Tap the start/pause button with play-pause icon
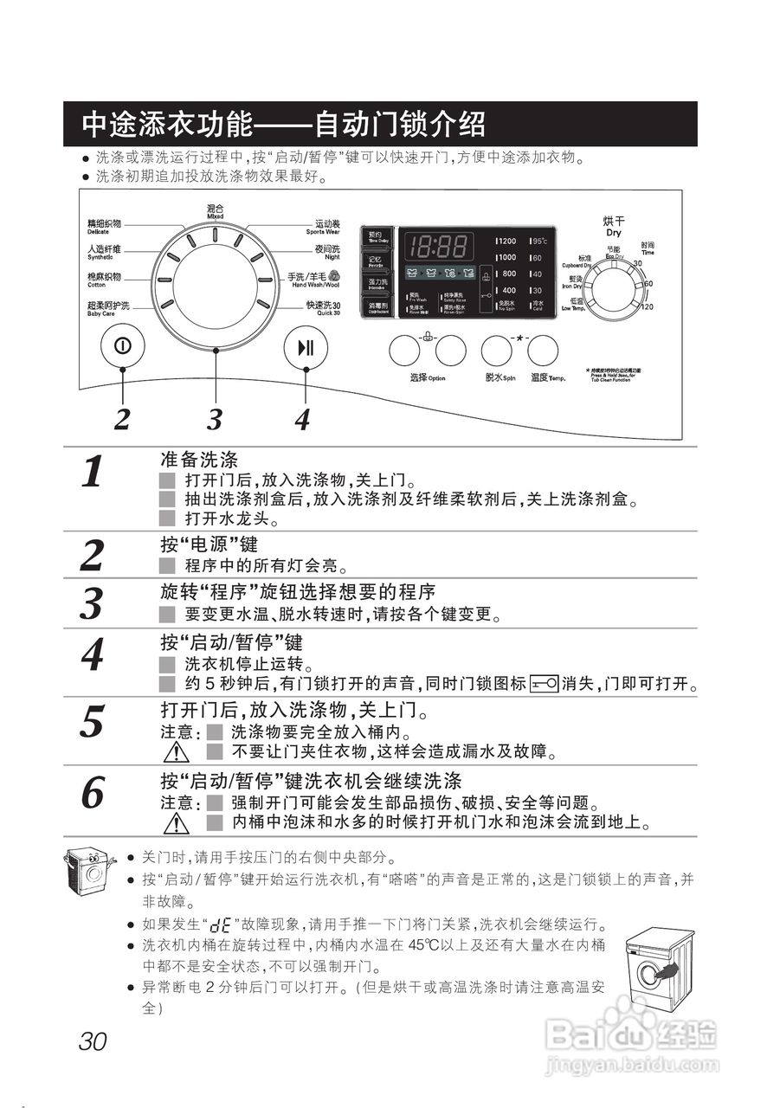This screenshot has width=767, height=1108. pos(306,348)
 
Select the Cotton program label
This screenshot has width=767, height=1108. pos(104,279)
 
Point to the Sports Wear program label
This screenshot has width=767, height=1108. pos(323,228)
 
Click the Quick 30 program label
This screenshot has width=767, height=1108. pos(322,307)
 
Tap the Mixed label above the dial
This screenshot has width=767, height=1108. pos(215,211)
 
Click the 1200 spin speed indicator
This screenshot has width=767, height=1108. pos(506,242)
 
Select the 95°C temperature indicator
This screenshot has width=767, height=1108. pos(539,242)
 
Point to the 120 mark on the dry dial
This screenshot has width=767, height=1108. pos(647,306)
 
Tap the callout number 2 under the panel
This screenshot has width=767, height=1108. pos(123,419)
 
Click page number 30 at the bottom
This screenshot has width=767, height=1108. pos(92,1041)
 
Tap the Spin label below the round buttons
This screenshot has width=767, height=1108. pos(500,378)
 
